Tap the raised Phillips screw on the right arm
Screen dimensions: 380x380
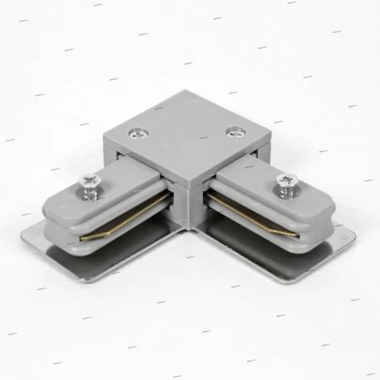click(285, 179)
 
